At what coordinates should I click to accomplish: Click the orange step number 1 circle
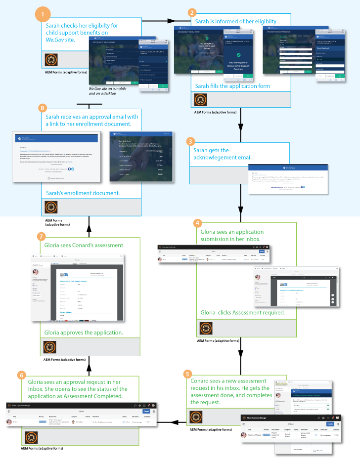pyautogui.click(x=44, y=13)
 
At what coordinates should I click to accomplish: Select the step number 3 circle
pyautogui.click(x=191, y=141)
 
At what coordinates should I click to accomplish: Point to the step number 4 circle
pyautogui.click(x=199, y=223)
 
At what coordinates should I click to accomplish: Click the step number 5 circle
pyautogui.click(x=187, y=374)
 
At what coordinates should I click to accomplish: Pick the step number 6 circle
pyautogui.click(x=22, y=375)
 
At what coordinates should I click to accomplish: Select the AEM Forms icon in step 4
pyautogui.click(x=206, y=329)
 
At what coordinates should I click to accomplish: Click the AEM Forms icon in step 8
pyautogui.click(x=52, y=207)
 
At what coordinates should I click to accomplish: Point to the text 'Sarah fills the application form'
pyautogui.click(x=232, y=86)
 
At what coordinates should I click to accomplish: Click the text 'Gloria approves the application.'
pyautogui.click(x=84, y=333)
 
